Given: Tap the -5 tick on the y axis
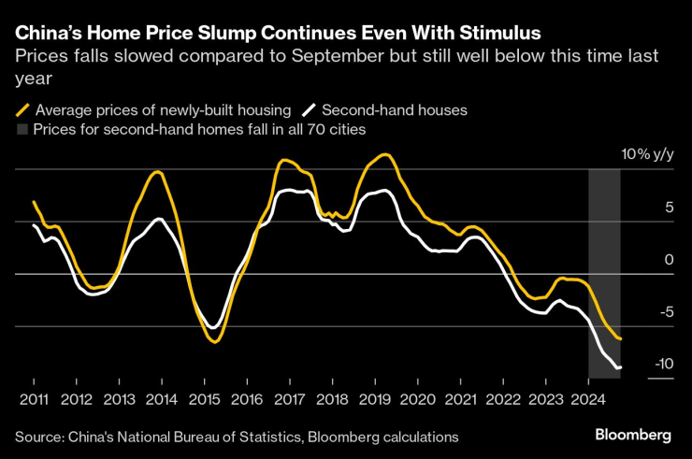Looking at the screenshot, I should click(x=667, y=312).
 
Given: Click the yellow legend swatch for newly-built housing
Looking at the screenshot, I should click(x=23, y=110).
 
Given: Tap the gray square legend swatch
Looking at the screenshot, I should click(x=22, y=130).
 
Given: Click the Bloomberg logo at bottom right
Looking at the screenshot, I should click(x=633, y=436).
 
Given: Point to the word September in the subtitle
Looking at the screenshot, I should click(x=304, y=57).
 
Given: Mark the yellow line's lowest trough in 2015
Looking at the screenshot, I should click(x=215, y=342).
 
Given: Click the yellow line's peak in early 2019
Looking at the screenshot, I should click(x=384, y=154).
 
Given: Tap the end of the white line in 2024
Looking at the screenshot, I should click(x=620, y=367).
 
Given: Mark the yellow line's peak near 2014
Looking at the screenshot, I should click(x=158, y=172).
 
